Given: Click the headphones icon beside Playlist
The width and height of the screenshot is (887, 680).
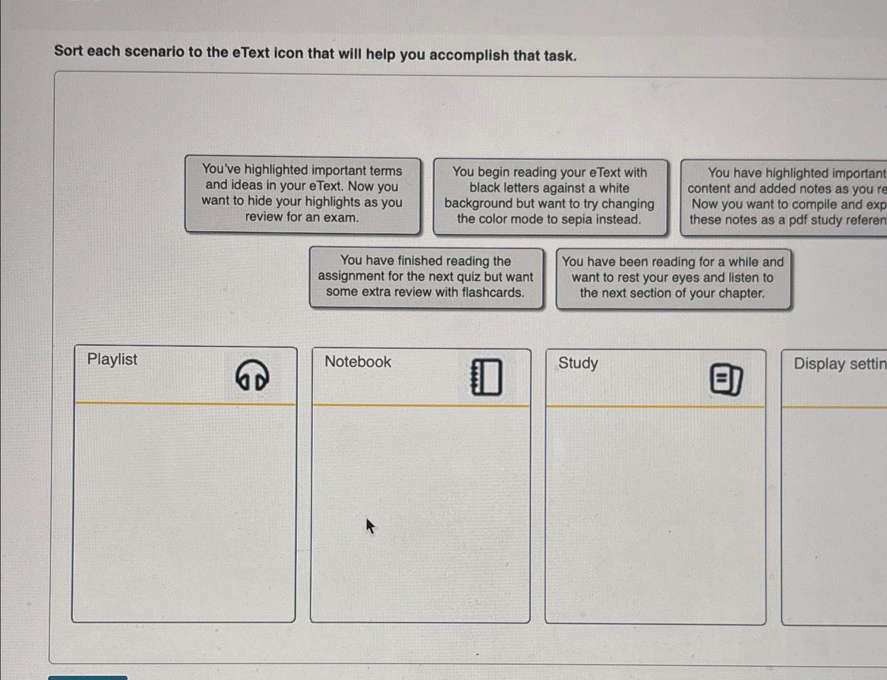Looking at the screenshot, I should coord(252,375).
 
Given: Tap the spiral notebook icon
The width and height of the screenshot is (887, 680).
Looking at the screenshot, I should coord(486,377).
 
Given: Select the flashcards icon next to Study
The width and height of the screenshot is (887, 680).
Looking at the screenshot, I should coord(726,379).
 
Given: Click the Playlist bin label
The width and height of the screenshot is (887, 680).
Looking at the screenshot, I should coord(112,360).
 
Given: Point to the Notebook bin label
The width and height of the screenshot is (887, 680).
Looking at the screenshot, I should coord(358,362).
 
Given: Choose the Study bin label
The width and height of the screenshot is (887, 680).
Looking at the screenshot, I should coord(578,363).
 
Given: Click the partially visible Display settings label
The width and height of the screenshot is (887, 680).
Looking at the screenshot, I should coord(839,364).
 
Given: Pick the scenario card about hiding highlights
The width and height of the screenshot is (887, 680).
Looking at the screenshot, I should coord(302,194).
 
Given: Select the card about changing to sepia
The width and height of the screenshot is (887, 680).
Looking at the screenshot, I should coord(549,196).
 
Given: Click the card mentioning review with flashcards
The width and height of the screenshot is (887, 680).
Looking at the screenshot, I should coord(426,277).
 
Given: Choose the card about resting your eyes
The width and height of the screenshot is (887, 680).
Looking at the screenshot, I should coord(673,278).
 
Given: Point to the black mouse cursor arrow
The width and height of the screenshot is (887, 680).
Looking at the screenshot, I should coord(370,526).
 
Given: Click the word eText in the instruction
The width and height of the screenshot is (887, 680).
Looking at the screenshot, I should coord(251,53).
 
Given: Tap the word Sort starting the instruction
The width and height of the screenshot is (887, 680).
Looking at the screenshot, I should coord(68,50).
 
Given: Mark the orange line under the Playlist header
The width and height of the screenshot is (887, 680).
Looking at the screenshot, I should coord(185,404).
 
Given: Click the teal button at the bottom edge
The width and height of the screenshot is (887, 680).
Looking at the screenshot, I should coord(88,677).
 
